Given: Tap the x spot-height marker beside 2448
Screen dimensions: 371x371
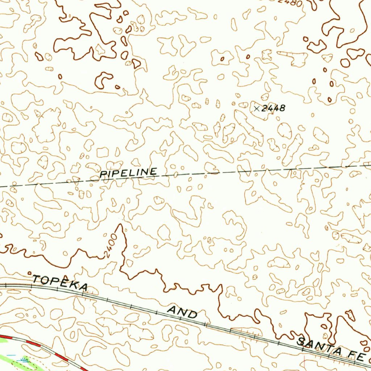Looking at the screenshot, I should click(x=257, y=108).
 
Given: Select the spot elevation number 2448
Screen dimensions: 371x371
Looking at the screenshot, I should click(x=274, y=108).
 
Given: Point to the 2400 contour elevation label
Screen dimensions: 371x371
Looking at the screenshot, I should click(x=111, y=246).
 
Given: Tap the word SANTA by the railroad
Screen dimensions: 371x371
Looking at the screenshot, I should click(x=319, y=346).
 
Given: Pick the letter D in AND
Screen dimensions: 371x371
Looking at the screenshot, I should click(x=192, y=314).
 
